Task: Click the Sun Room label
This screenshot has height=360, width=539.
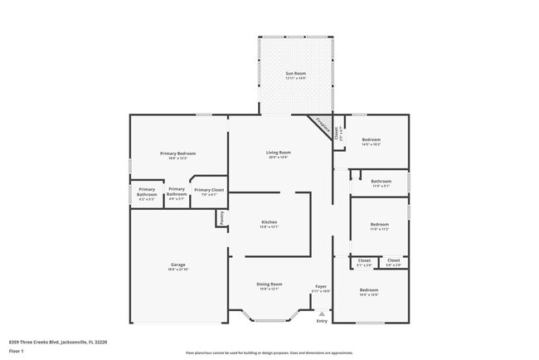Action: click(296, 74)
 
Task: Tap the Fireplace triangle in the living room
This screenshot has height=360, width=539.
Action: click(323, 124)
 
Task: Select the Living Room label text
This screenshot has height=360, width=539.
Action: click(278, 153)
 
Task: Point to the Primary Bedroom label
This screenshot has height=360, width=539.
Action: click(177, 153)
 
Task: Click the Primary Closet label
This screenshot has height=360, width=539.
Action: click(208, 190)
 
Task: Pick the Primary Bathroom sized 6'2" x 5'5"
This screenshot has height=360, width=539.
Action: click(147, 192)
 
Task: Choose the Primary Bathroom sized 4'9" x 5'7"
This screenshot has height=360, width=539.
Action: click(177, 192)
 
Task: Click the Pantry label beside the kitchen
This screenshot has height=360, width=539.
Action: click(222, 218)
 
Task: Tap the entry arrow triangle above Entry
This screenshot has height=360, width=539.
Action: click(322, 314)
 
